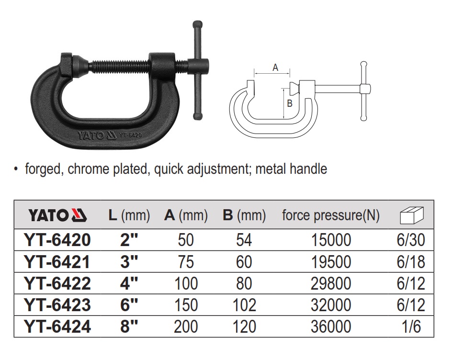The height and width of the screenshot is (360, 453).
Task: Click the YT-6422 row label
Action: (58, 283)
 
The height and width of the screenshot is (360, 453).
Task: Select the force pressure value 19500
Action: (331, 262)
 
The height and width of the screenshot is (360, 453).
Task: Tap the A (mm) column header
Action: (186, 215)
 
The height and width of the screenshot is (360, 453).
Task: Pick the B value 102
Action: (244, 305)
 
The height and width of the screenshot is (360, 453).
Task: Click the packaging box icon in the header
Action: (412, 215)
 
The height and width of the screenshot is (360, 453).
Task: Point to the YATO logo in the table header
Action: (57, 215)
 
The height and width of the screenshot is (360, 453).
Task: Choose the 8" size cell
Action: (129, 326)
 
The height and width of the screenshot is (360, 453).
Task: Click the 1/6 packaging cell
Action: (411, 326)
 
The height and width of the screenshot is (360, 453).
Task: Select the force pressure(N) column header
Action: (331, 215)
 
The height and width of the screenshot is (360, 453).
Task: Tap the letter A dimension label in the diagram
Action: (275, 67)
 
